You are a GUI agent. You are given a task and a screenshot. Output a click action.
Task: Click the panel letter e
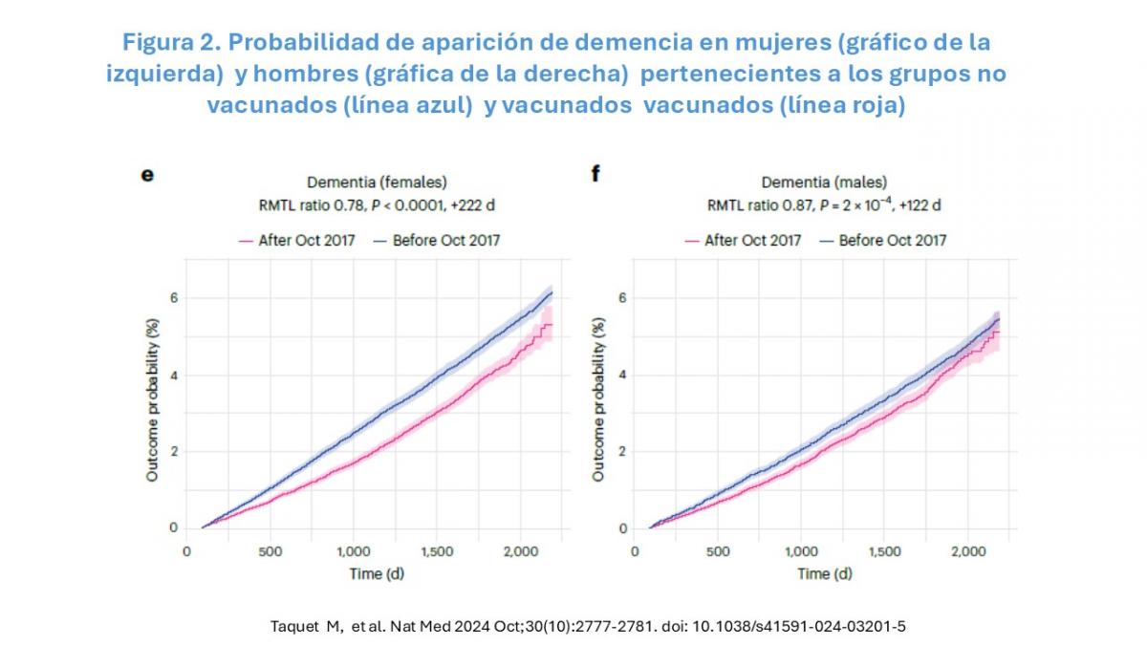(147, 175)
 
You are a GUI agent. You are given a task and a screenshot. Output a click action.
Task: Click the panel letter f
(595, 175)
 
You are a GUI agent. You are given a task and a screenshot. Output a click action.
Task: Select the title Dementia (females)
(377, 182)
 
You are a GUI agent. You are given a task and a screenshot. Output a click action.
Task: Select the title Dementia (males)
(824, 182)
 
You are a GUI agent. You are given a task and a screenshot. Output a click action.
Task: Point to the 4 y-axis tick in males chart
(622, 375)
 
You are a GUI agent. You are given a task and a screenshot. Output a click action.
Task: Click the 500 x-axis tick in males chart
(717, 551)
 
